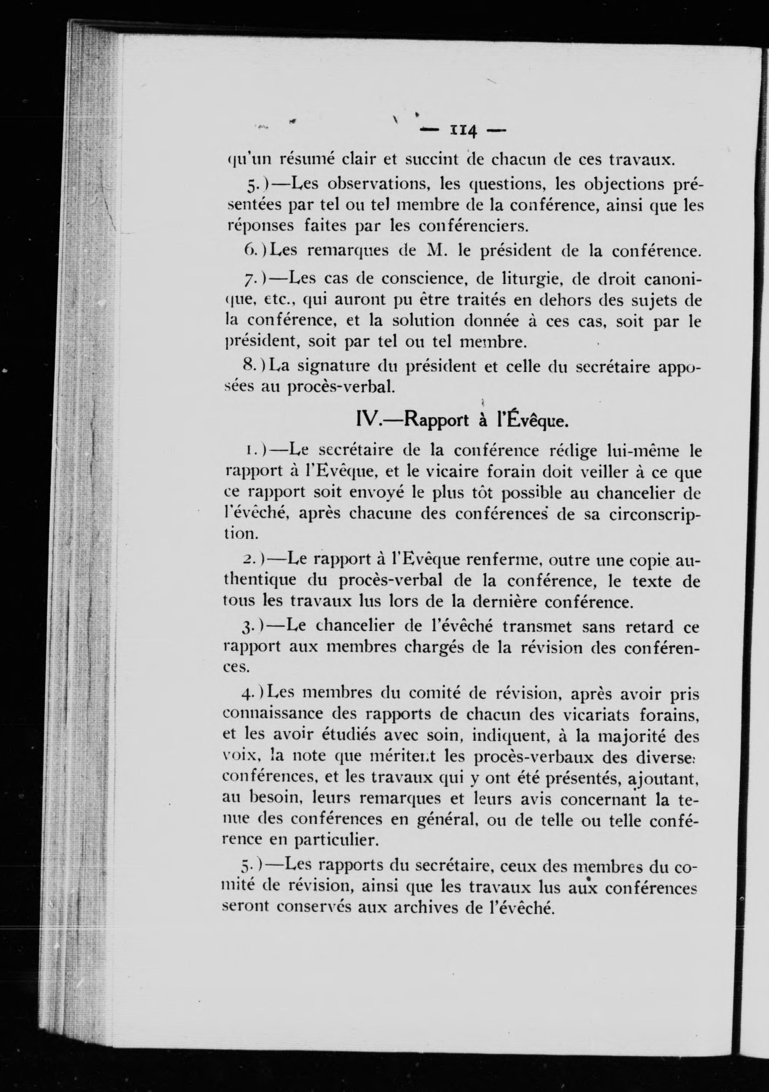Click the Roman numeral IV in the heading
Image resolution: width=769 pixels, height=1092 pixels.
click(366, 420)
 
